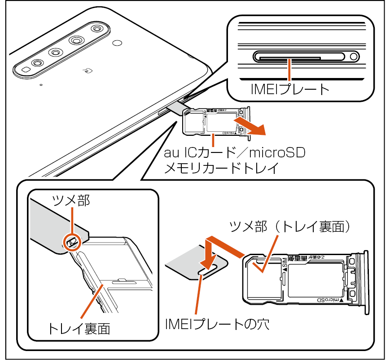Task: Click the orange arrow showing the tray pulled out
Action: [x=251, y=126]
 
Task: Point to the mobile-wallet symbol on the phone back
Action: [x=88, y=70]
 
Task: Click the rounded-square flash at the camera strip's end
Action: [x=26, y=70]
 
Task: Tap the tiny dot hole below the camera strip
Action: [x=41, y=84]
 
